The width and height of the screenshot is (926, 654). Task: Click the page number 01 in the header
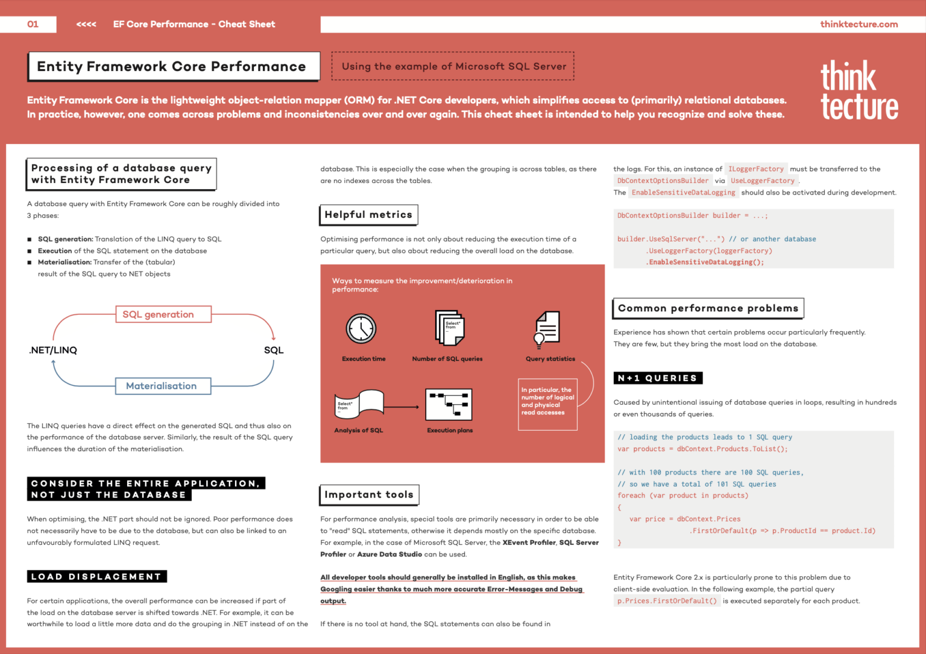(33, 24)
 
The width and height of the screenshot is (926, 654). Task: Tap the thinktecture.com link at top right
(858, 24)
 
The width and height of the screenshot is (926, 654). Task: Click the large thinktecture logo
(858, 90)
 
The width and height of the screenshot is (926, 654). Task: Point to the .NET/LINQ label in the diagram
(53, 350)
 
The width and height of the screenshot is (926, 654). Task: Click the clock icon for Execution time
(361, 329)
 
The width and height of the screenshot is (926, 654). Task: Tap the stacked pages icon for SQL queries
(449, 328)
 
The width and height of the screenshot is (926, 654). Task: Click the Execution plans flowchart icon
(449, 404)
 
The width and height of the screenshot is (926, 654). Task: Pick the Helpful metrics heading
(368, 215)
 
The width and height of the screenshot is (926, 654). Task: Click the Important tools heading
(369, 495)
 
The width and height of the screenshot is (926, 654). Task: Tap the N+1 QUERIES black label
(658, 378)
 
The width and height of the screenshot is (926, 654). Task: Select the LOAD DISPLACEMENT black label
(96, 577)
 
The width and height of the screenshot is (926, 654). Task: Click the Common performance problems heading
(708, 308)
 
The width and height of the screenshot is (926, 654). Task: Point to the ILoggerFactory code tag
(755, 169)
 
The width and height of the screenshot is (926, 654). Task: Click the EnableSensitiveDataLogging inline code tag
(683, 193)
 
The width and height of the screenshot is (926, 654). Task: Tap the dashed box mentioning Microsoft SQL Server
(453, 66)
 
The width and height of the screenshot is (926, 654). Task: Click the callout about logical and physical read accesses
(547, 404)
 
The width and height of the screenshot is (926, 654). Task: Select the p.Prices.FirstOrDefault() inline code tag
(667, 601)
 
